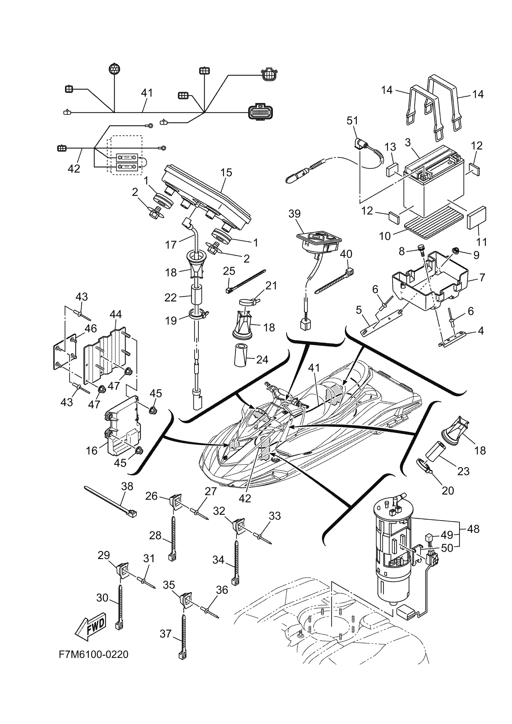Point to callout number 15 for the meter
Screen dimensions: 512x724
pos(226,172)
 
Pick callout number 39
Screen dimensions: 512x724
pos(294,213)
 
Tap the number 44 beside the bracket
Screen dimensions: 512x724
pos(115,314)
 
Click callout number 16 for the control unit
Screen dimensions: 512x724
pos(92,451)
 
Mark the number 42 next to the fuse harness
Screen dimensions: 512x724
pos(74,169)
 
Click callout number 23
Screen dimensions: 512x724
pos(463,471)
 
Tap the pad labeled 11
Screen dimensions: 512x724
pos(476,218)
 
